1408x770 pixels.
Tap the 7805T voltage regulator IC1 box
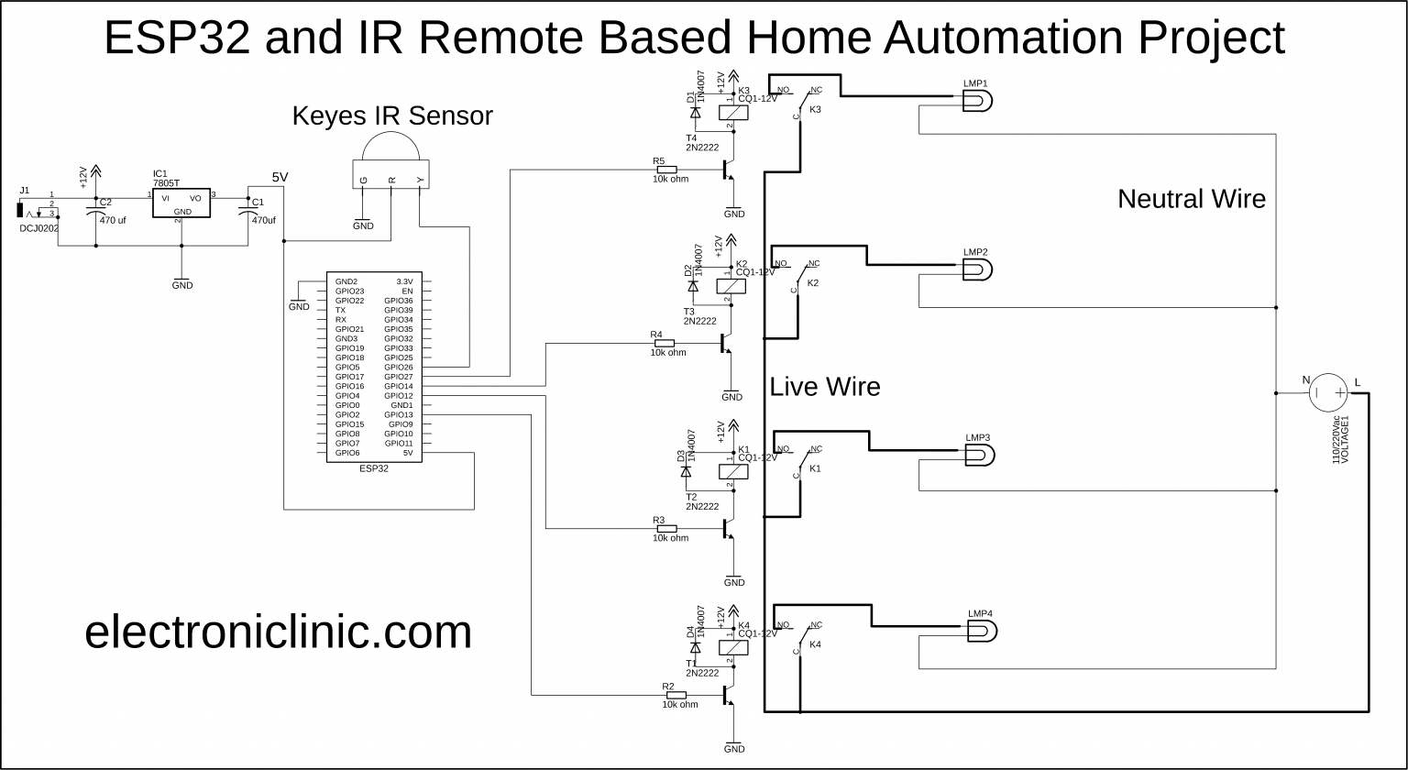point(181,203)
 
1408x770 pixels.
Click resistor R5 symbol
point(666,170)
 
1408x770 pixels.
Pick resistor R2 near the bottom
point(676,696)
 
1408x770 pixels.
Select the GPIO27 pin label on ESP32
point(399,377)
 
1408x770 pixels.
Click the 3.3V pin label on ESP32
point(403,281)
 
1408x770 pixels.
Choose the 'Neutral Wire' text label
point(1191,199)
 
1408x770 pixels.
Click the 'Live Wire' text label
point(824,387)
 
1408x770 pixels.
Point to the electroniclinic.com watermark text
point(278,632)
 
